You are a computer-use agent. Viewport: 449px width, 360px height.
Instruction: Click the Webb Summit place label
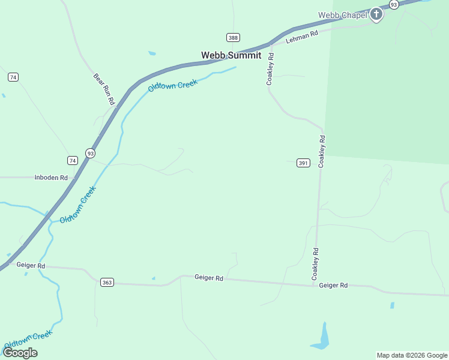click(231, 55)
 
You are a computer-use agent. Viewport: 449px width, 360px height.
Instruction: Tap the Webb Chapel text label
click(342, 15)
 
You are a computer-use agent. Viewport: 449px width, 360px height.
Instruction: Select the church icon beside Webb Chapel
click(376, 14)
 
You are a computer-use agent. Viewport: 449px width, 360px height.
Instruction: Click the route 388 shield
click(234, 37)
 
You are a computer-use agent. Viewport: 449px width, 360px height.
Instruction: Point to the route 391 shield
click(303, 163)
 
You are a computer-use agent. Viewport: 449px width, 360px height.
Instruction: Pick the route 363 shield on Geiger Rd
click(107, 283)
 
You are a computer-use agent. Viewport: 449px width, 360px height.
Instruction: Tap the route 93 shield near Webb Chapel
click(394, 4)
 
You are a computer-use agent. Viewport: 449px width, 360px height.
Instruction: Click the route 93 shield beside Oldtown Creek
click(89, 153)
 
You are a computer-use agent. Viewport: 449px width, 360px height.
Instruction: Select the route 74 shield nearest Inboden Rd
click(73, 160)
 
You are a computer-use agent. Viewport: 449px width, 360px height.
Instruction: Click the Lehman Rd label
click(301, 37)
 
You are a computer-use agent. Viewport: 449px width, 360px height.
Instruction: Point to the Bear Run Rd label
click(104, 89)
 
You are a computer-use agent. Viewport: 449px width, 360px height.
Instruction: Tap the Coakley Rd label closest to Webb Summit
click(271, 69)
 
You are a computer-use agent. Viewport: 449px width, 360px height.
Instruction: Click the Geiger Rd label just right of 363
click(209, 278)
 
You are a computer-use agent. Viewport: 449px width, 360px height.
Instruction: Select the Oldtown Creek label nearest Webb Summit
click(173, 86)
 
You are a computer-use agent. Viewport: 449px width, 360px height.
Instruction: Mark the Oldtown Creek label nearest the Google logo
click(28, 339)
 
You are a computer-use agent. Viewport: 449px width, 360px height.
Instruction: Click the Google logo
click(20, 352)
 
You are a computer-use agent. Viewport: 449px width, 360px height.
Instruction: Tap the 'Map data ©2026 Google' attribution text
click(412, 355)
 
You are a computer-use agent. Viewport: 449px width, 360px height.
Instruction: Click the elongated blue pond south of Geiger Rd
click(322, 338)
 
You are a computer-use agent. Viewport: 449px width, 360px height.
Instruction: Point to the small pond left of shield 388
click(152, 53)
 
